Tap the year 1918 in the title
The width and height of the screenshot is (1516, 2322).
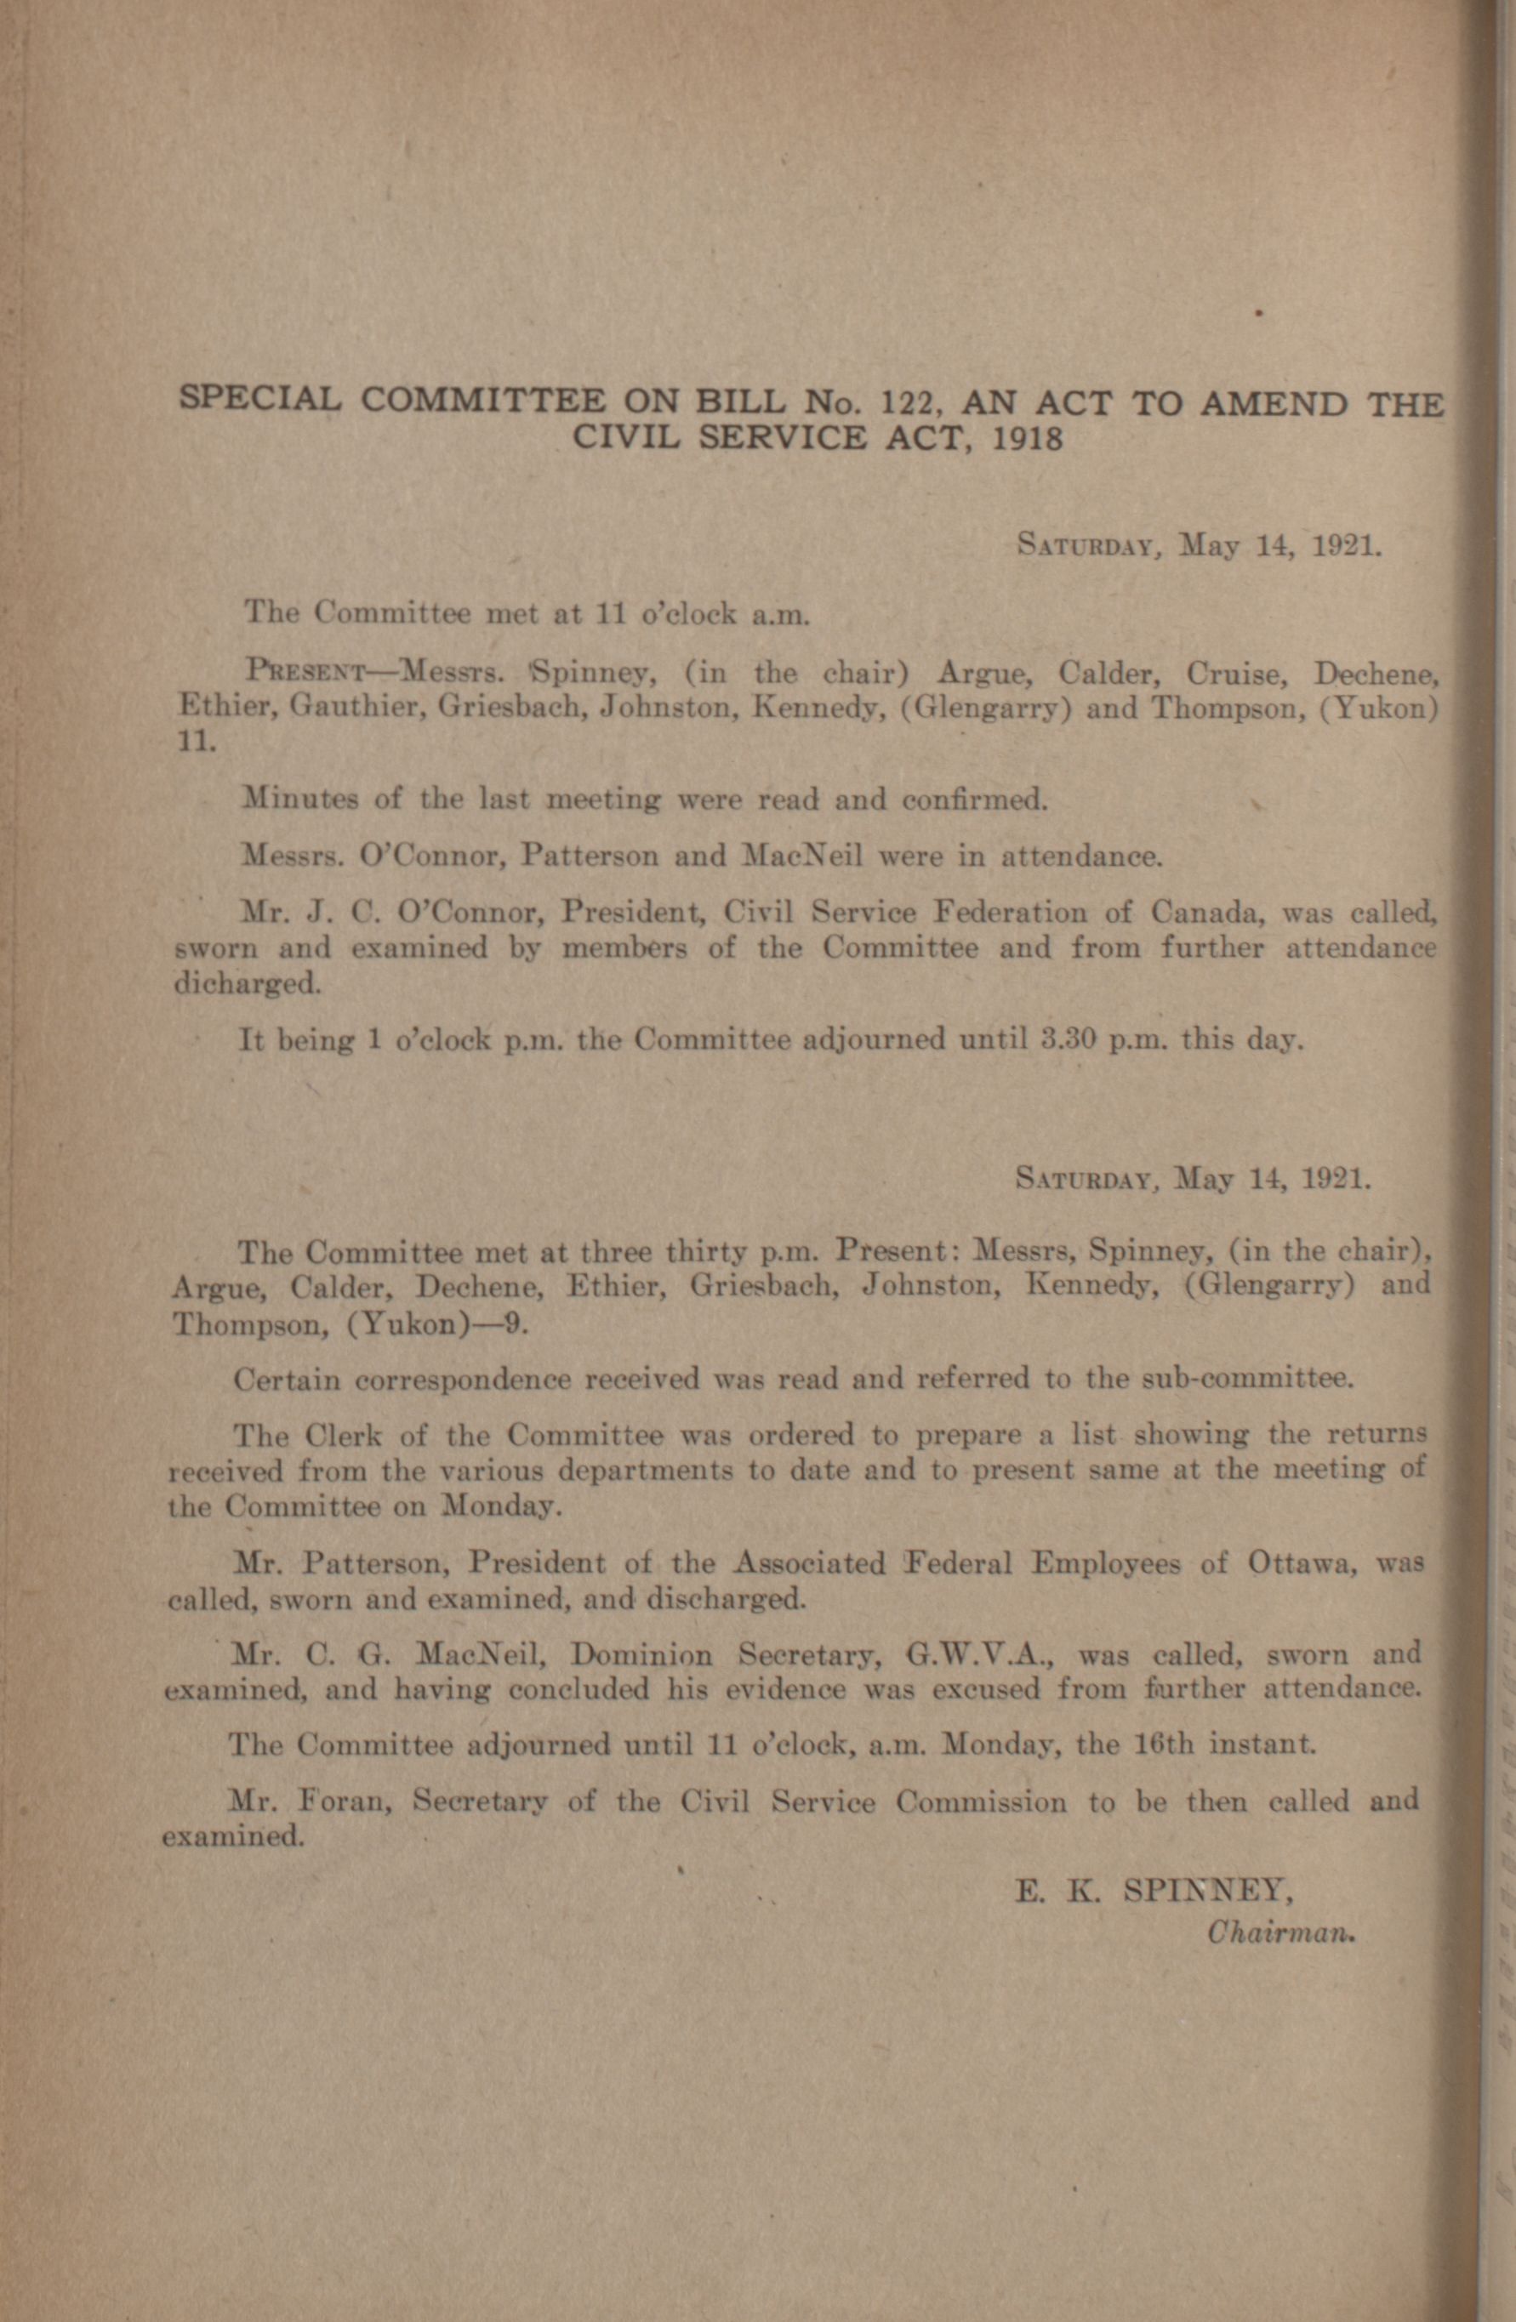(x=1026, y=439)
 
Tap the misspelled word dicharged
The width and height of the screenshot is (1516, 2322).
(x=246, y=983)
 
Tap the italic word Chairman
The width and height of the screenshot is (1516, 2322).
(x=1281, y=1932)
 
